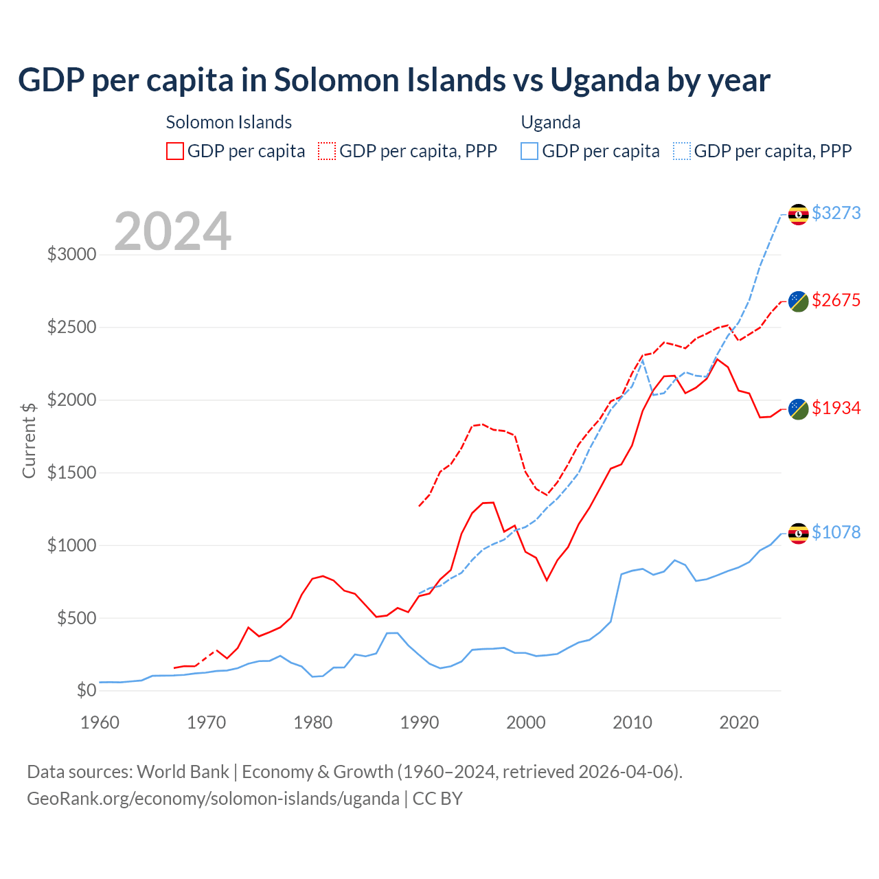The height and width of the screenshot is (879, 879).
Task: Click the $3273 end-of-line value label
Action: click(x=836, y=213)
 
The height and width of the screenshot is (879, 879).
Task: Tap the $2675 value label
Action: click(x=836, y=300)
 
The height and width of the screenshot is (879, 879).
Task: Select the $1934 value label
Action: click(x=836, y=408)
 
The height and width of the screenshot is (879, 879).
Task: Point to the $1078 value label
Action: click(x=836, y=532)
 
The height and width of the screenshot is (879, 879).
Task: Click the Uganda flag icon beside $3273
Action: click(x=798, y=214)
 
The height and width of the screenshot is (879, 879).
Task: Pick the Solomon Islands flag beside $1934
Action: click(x=798, y=409)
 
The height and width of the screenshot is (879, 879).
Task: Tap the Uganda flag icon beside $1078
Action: click(x=798, y=534)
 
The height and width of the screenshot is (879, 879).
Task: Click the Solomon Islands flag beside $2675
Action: click(x=798, y=301)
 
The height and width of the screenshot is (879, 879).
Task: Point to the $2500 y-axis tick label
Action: click(x=71, y=327)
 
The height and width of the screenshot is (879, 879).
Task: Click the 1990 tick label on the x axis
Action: click(x=420, y=722)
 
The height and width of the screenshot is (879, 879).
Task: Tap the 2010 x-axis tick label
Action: click(x=632, y=722)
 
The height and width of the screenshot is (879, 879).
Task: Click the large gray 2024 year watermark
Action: click(x=172, y=231)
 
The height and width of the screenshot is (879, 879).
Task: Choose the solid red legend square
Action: click(x=175, y=151)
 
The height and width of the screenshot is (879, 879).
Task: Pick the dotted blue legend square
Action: click(x=682, y=151)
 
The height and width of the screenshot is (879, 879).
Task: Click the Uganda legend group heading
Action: click(x=551, y=122)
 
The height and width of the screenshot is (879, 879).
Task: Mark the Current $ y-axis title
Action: click(x=29, y=440)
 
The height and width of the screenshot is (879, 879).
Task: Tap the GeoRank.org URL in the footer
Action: click(x=213, y=799)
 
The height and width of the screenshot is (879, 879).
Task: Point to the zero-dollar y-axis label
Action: click(x=87, y=690)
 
